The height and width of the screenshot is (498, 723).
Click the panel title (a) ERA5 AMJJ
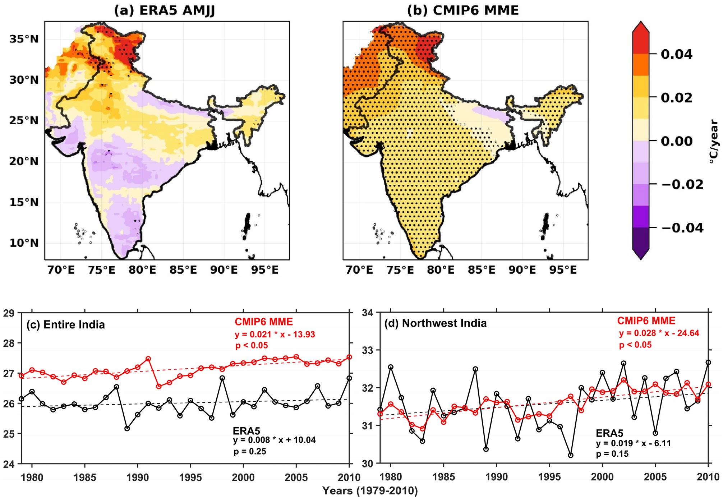pos(164,10)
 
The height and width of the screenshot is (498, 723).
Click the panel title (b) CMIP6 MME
pos(463,10)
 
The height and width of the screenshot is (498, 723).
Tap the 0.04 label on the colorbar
pos(676,54)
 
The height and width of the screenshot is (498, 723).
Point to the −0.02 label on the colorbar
pos(682,184)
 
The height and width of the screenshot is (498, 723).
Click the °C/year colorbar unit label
pos(714,142)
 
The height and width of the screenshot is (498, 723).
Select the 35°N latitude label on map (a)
pos(24,39)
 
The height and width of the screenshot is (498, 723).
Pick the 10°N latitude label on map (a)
pos(24,243)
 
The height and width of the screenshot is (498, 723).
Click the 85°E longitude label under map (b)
pos(481,270)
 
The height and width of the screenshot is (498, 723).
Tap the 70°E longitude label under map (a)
pos(61,270)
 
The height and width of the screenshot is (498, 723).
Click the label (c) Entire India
pos(65,325)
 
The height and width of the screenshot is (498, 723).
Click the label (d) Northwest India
pos(435,323)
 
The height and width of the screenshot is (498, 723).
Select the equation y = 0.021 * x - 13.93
pos(275,335)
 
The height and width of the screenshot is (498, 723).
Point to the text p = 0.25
pos(250,452)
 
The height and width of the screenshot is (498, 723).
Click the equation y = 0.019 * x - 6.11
pos(633,443)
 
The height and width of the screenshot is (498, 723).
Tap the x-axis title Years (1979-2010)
pos(370,491)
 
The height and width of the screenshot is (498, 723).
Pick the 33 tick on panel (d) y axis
pos(367,350)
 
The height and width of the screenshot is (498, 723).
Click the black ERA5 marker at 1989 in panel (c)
pos(127,428)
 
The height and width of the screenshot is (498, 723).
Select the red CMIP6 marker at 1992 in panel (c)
pos(158,386)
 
